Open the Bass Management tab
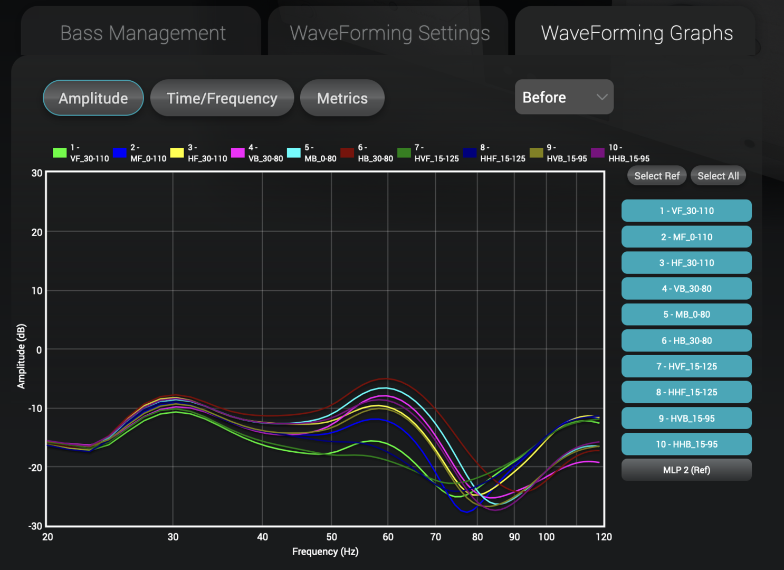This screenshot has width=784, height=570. coord(142,33)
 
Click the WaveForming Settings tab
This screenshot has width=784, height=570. coord(389,33)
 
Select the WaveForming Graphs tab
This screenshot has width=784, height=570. coord(636,33)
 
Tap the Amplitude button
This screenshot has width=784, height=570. coord(93,98)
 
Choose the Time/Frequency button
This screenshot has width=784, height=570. coord(222,98)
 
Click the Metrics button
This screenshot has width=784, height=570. coord(342,98)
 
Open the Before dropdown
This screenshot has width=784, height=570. coord(564,97)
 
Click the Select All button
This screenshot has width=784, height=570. coord(718,176)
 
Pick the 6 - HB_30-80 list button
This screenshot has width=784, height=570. coord(686,340)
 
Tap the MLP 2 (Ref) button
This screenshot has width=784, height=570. coord(686,470)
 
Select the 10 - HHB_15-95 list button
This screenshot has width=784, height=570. coord(686,444)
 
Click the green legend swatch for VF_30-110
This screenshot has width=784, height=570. coord(60,153)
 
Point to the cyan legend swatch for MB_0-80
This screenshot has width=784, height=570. coord(293,153)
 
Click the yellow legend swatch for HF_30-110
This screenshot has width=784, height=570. coord(177,153)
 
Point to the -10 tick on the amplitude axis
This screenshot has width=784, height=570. coord(35,408)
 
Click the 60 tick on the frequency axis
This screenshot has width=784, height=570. coord(388,537)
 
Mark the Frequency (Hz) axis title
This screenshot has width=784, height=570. coord(325,552)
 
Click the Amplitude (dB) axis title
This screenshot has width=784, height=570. coord(21,356)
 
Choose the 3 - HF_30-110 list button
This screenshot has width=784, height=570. coord(686,263)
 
